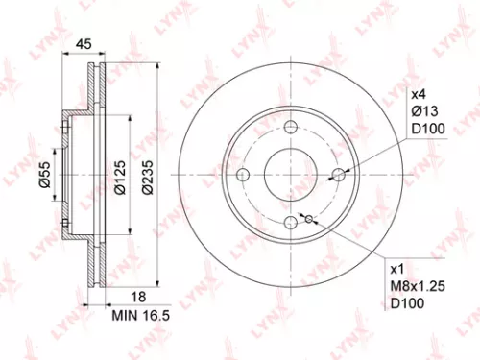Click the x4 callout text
[418, 94]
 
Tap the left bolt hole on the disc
[243, 175]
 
